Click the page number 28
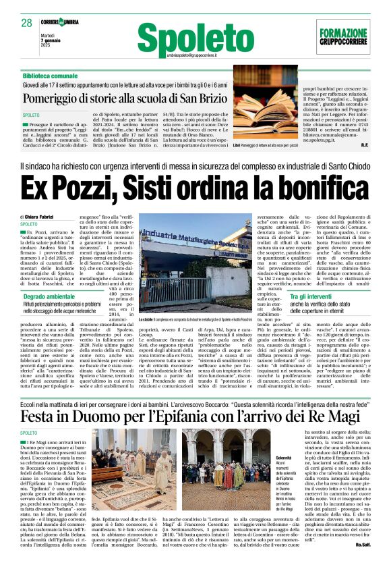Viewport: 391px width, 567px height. pyautogui.click(x=27, y=23)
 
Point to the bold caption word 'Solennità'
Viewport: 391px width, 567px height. pyautogui.click(x=274, y=439)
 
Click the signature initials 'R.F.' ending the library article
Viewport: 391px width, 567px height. pyautogui.click(x=364, y=144)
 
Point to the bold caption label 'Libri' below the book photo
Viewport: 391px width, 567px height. pyautogui.click(x=237, y=144)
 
